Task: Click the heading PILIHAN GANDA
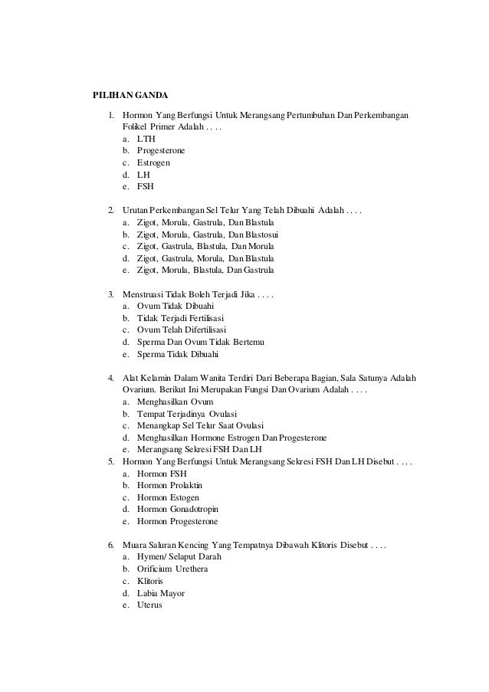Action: [x=130, y=95]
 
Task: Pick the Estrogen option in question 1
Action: [x=153, y=162]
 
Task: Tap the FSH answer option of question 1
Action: [x=145, y=185]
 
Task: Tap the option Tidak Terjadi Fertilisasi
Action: [x=182, y=318]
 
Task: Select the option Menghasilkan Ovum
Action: [x=175, y=402]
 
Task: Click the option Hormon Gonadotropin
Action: [x=179, y=509]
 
